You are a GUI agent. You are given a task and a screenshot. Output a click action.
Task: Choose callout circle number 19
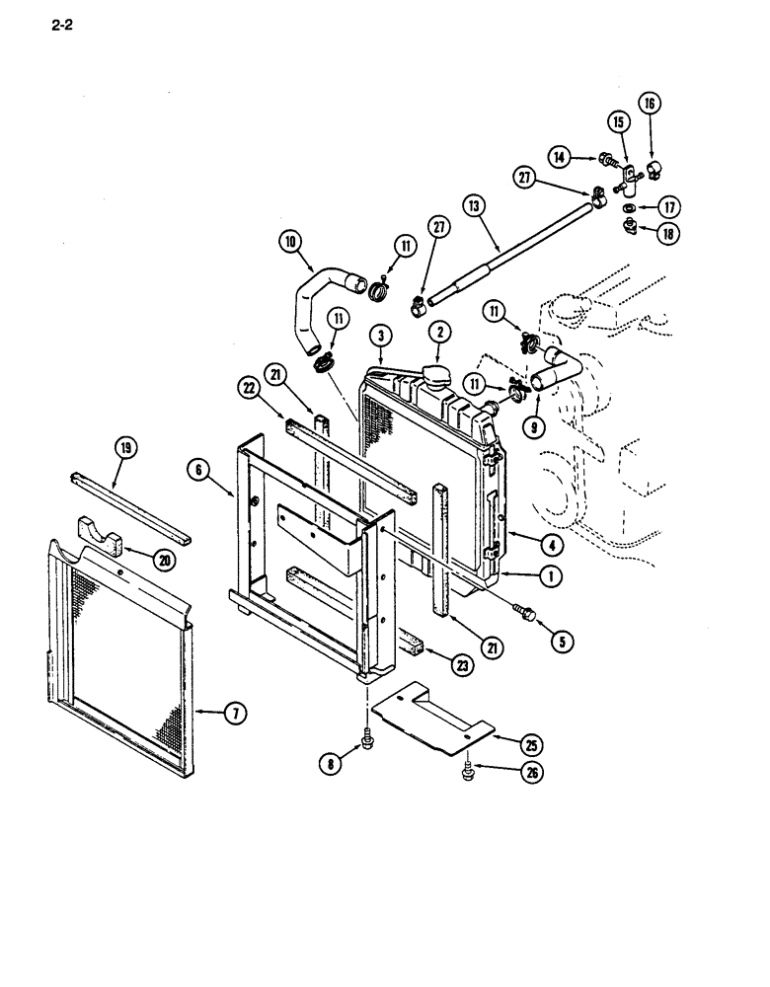(x=125, y=449)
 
